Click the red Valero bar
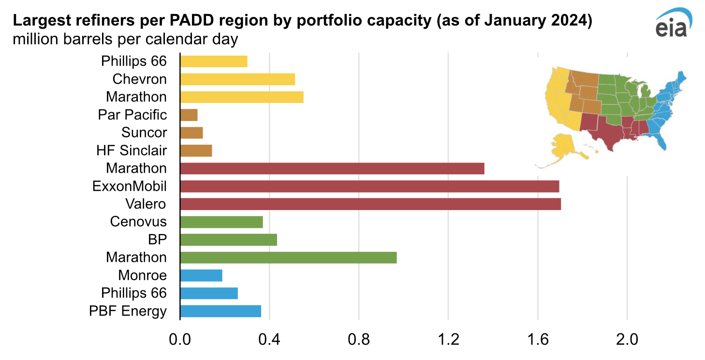[x=370, y=204]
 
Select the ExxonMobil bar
[x=369, y=186]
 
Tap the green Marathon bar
[x=288, y=257]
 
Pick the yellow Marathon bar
[x=242, y=97]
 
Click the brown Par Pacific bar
[x=189, y=115]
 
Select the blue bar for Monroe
[x=201, y=275]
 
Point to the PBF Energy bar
[x=220, y=311]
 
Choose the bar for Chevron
[x=237, y=79]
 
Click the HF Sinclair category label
[x=132, y=150]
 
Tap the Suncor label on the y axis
[x=144, y=133]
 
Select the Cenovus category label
[x=138, y=222]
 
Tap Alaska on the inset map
[x=563, y=148]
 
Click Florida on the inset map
[x=665, y=140]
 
